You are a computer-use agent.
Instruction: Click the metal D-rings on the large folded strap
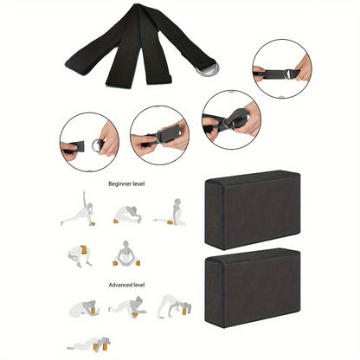coord(207,70)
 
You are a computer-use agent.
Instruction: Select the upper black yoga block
coord(253,209)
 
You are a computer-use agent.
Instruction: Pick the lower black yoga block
coord(253,288)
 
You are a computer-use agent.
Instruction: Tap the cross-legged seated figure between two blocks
coord(125,254)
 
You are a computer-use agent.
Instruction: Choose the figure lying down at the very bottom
coord(88,344)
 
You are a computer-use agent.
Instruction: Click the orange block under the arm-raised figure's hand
coord(93,223)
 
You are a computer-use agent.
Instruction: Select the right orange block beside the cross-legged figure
coord(138,263)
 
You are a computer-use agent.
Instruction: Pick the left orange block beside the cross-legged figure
coord(115,263)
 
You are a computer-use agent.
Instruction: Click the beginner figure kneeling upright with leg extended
coord(170,213)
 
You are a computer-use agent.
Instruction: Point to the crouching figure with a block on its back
coord(80,256)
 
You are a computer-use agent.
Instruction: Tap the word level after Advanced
coord(139,285)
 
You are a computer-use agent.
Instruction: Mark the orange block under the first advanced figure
coord(93,311)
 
